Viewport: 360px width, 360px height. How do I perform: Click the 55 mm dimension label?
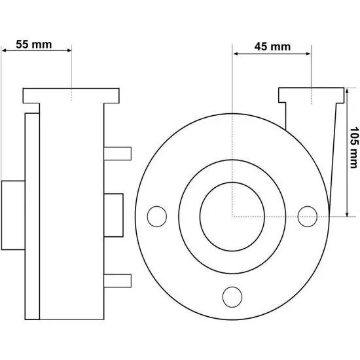[x=34, y=45]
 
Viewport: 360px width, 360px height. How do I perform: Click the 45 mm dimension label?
[x=272, y=46]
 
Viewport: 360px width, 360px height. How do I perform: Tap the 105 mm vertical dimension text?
[x=354, y=148]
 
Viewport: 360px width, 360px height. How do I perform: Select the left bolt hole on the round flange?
[x=157, y=217]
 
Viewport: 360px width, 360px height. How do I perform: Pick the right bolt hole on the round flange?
[x=308, y=217]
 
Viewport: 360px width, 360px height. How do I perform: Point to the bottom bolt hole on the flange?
[x=232, y=297]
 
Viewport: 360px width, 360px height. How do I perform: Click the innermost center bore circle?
[x=232, y=217]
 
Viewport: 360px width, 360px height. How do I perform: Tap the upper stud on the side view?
[x=118, y=154]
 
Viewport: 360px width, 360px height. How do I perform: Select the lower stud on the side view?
[x=118, y=281]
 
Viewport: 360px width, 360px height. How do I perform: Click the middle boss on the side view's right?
[x=113, y=215]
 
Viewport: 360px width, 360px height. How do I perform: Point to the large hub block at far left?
[x=13, y=215]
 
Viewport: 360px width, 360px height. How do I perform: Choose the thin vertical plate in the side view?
[x=32, y=216]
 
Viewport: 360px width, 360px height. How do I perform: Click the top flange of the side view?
[x=71, y=96]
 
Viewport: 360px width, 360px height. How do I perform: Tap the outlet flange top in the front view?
[x=312, y=95]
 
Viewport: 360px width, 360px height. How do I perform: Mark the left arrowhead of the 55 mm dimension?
[x=4, y=50]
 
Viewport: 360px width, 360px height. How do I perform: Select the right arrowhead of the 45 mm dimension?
[x=308, y=54]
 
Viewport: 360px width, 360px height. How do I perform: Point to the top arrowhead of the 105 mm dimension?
[x=347, y=91]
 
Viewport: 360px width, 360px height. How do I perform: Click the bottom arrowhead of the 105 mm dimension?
[x=347, y=214]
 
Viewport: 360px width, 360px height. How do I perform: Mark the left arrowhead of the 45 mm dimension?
[x=236, y=54]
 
